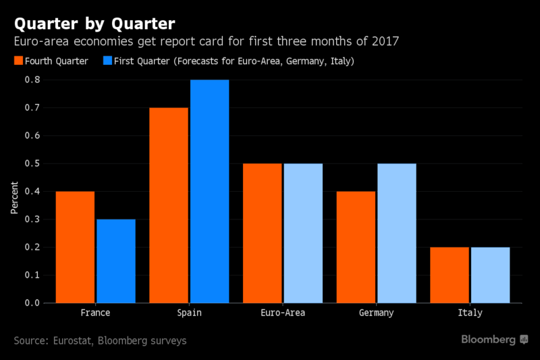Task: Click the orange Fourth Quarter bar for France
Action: coord(75,247)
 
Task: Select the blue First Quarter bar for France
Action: coord(115,261)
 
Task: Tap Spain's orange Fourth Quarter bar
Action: coord(169,205)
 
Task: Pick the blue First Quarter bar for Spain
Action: coord(209,191)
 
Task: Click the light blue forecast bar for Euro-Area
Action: coord(303,233)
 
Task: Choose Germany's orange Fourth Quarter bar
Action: coord(356,247)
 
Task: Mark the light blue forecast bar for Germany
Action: coord(397,233)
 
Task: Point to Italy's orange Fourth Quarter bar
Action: coord(450,275)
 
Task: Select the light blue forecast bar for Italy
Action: coord(490,275)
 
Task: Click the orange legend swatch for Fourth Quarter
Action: coord(18,61)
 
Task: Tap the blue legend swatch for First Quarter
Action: coord(107,61)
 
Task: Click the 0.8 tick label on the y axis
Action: coord(32,80)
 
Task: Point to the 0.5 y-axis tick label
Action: coord(32,163)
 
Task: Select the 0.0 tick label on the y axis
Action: coord(32,303)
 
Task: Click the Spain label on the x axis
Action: coord(189,313)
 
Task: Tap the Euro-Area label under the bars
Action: coord(283,313)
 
